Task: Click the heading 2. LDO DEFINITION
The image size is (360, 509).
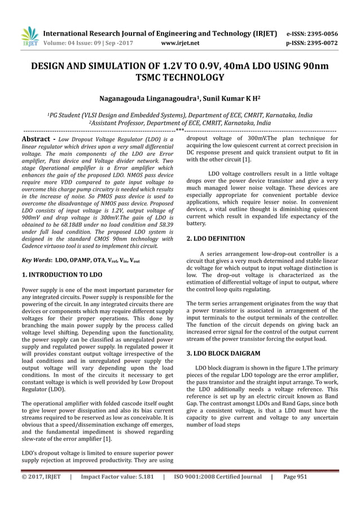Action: point(216,239)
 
